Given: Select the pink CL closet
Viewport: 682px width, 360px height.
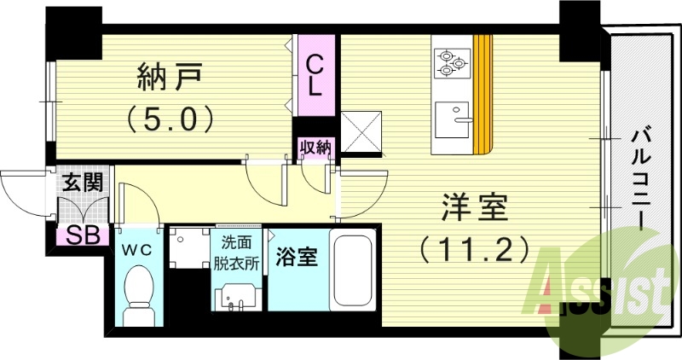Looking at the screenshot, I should click(x=315, y=74).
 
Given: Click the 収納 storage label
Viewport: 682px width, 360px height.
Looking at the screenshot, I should click(x=315, y=148).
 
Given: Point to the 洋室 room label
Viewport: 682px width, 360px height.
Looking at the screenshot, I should click(x=474, y=208).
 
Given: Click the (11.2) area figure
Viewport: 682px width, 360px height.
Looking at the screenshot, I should click(x=474, y=249).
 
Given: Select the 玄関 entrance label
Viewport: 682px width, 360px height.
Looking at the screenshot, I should click(x=84, y=181).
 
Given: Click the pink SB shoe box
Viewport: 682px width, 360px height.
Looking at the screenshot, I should click(x=84, y=235).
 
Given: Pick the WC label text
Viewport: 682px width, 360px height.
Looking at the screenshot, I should click(x=136, y=250).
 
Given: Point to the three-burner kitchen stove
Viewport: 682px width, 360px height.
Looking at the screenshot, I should click(x=453, y=62).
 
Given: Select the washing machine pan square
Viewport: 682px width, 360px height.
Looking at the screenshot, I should click(x=188, y=247).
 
